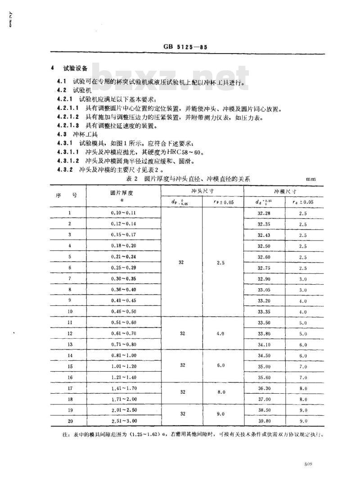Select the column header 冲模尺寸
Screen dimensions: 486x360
tap(284, 191)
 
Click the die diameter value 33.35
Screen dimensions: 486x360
tap(264, 312)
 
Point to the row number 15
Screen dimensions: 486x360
tap(70, 367)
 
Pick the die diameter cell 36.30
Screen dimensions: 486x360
tap(264, 388)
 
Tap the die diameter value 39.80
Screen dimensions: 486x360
tap(264, 421)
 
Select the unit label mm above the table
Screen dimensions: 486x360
tap(311, 179)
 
